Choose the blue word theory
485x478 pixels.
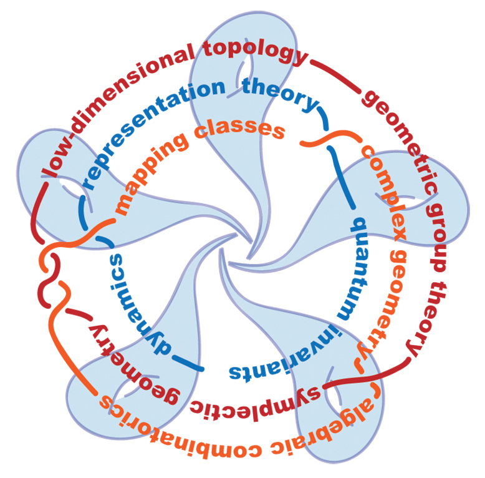click(280, 94)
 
